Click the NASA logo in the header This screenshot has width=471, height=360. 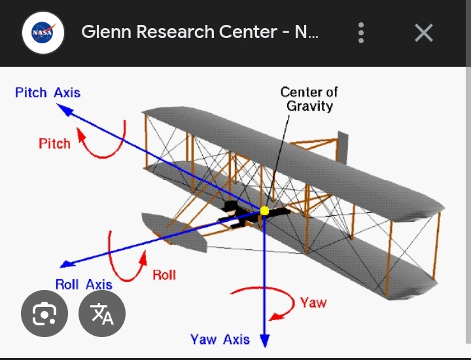(43, 32)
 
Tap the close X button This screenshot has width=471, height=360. (424, 32)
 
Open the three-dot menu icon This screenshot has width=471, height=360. (361, 32)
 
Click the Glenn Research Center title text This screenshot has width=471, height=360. (200, 32)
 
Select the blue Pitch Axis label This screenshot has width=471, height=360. (48, 92)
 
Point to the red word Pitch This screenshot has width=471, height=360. (54, 143)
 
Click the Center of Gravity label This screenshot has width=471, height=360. (309, 99)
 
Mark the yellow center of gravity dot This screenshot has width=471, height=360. (264, 211)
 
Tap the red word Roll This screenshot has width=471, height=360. (164, 275)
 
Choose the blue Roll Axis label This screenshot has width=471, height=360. (84, 285)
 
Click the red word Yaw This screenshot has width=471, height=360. (313, 302)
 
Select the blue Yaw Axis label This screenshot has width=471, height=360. (220, 339)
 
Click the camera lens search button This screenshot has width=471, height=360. (44, 314)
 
